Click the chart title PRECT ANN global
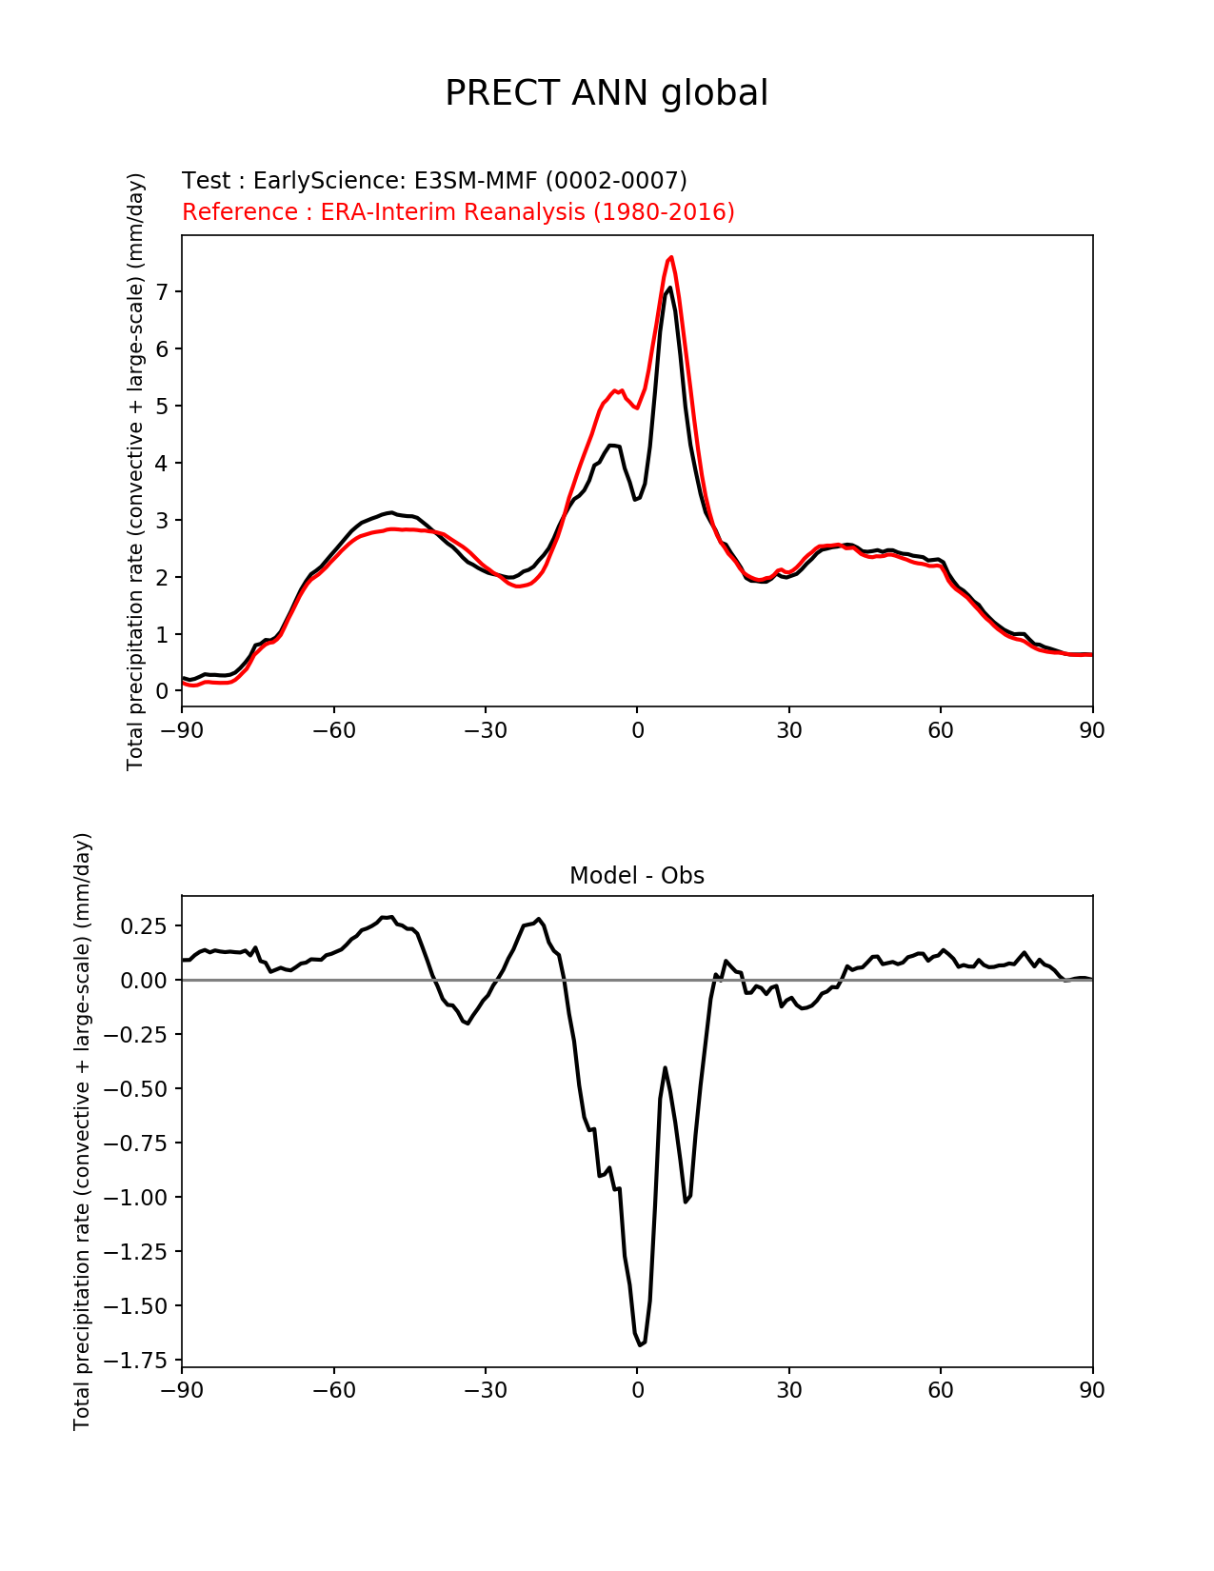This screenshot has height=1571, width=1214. pos(607,93)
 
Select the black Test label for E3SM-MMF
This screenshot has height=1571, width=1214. pos(434,181)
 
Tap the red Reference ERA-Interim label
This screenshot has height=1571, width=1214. pos(458,211)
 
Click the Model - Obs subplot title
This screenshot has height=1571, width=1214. pos(637,876)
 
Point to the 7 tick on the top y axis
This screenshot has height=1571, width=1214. pos(163,291)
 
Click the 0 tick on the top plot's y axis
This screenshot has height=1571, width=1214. pos(163,691)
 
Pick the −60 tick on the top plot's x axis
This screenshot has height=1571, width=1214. pos(333,730)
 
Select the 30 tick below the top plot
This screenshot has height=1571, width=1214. pos(788,730)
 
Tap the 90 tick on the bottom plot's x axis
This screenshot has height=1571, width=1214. pos(1092,1390)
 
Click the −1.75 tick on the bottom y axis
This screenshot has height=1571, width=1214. pos(140,1360)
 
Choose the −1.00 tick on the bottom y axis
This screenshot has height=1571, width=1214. pos(140,1197)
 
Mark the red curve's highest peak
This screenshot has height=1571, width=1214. pos(671,257)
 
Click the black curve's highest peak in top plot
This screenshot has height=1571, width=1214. pos(670,288)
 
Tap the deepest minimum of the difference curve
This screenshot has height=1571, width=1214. pos(641,1344)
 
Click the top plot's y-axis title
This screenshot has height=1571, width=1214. pos(135,471)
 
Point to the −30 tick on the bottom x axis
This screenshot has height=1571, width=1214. pos(485,1390)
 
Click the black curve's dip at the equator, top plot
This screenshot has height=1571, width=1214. pos(635,500)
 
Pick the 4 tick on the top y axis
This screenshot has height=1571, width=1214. pos(163,463)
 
